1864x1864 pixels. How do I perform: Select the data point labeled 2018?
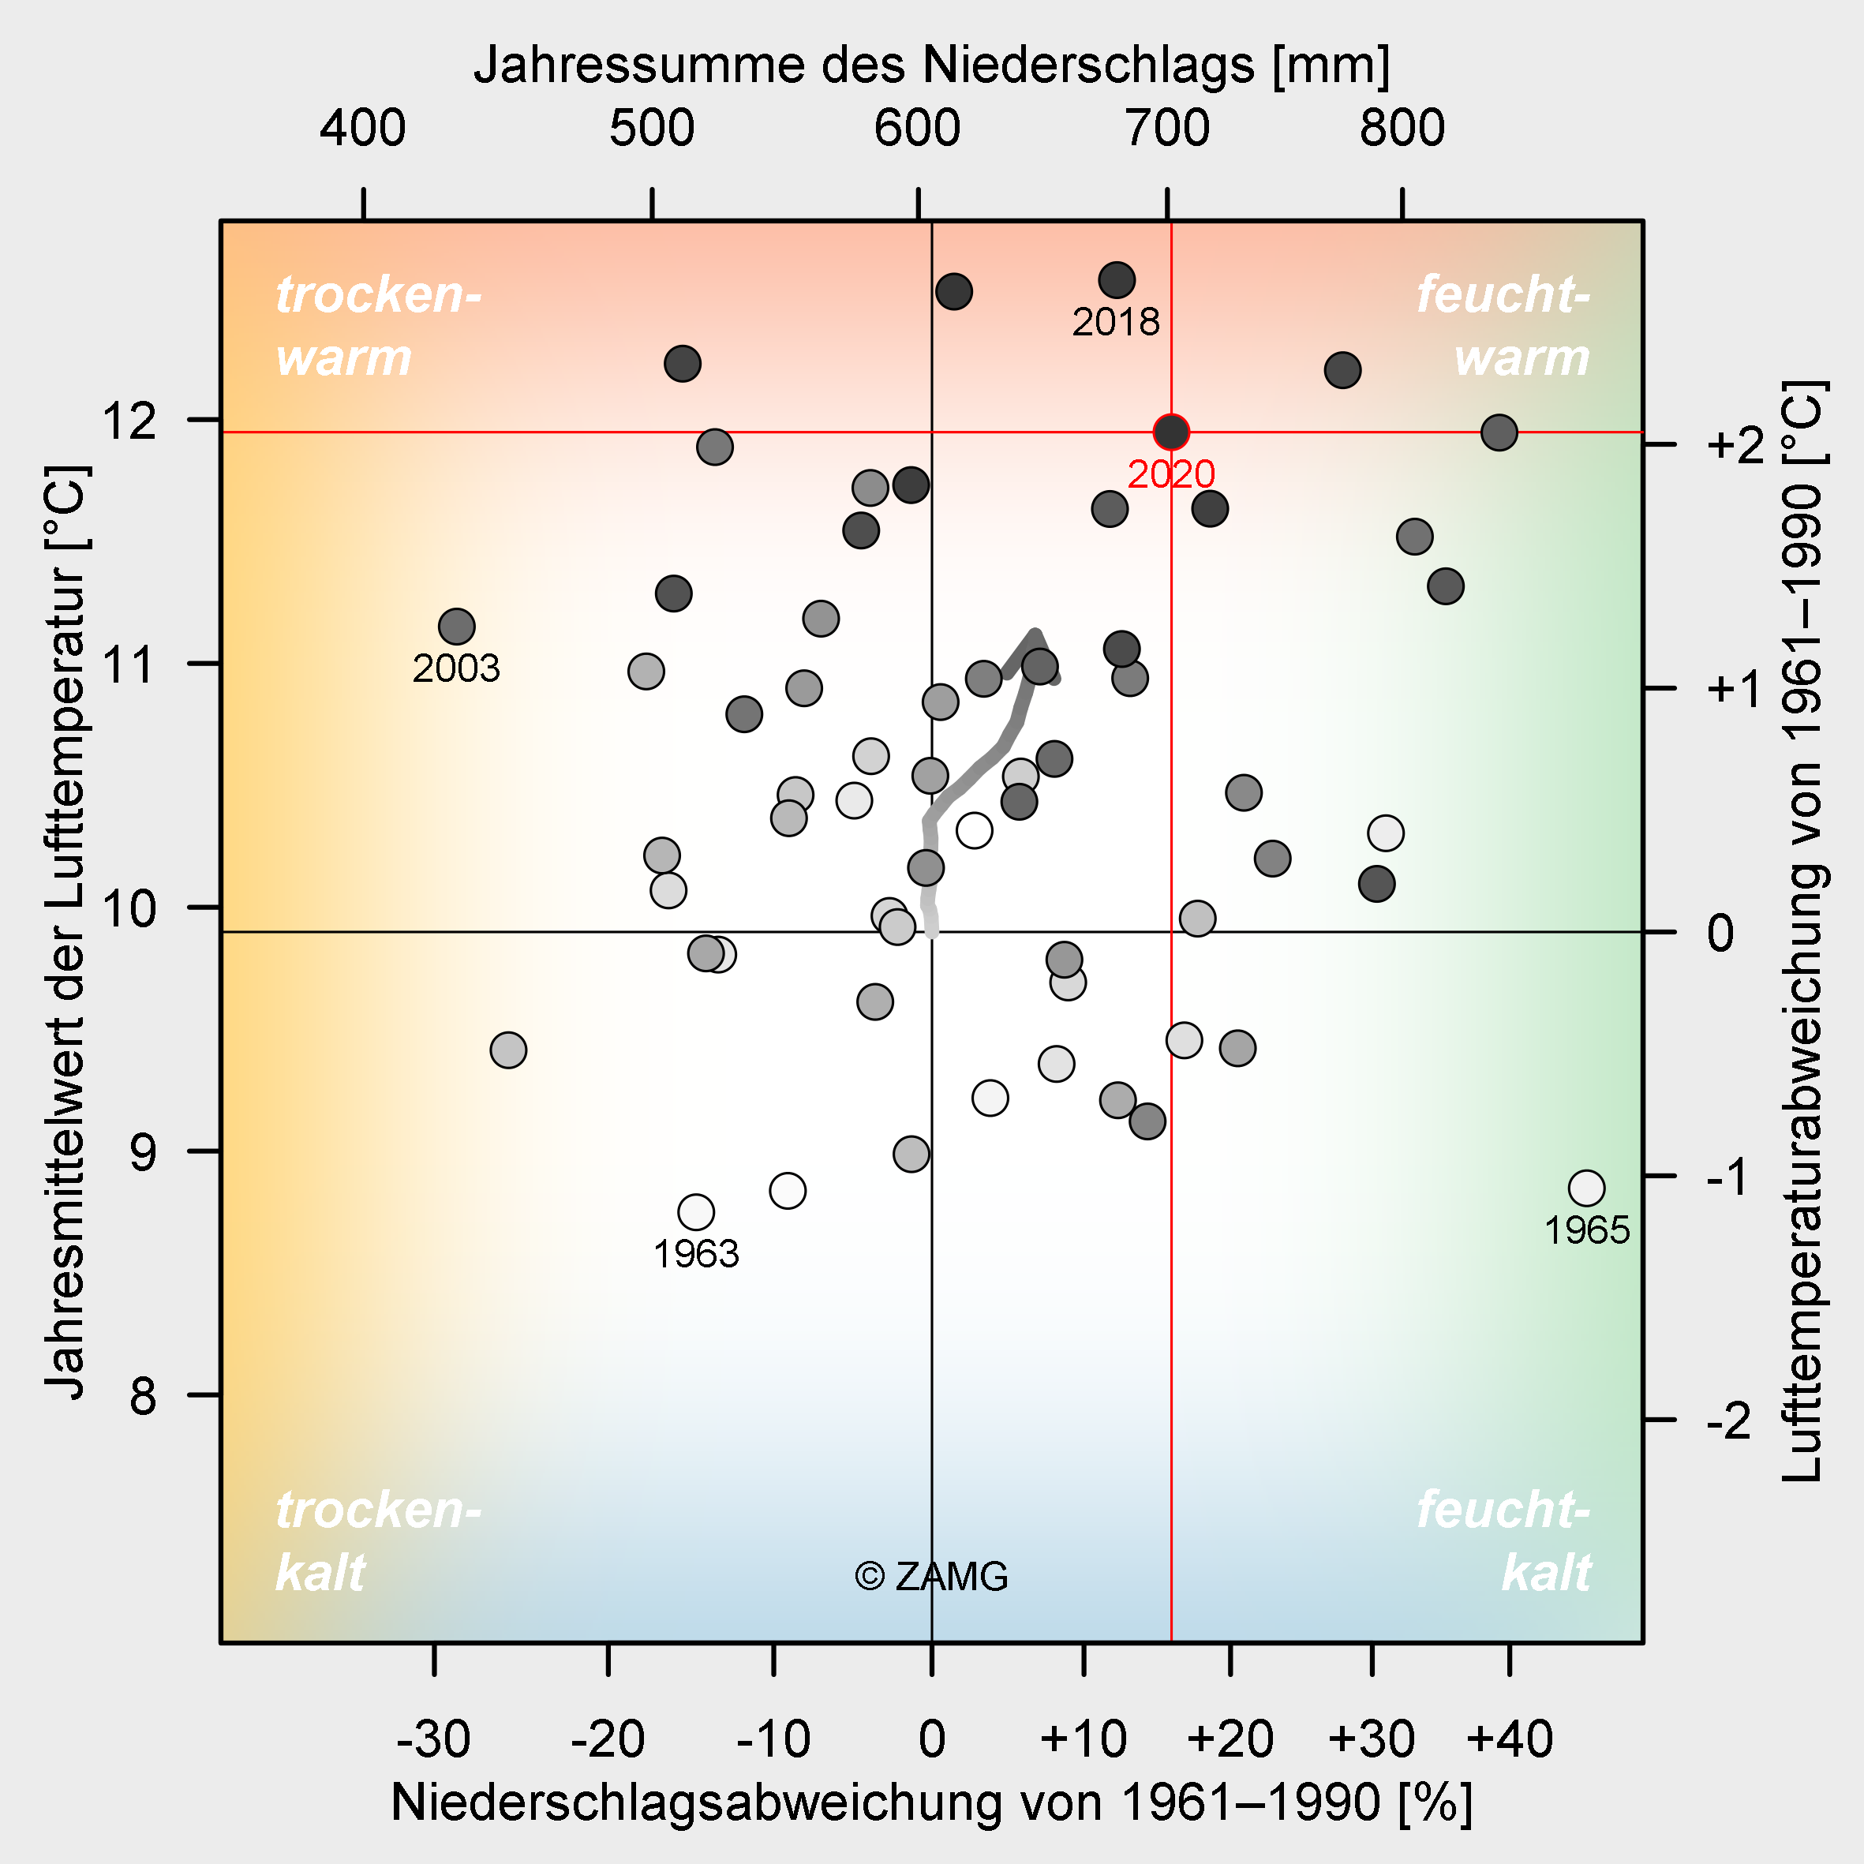click(x=1117, y=280)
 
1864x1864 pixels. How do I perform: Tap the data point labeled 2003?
click(x=456, y=626)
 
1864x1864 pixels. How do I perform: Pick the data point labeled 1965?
click(x=1586, y=1188)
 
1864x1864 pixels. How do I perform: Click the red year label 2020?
click(x=1170, y=473)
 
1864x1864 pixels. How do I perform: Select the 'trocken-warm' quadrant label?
click(x=377, y=326)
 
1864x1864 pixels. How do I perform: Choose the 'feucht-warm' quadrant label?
click(x=1503, y=326)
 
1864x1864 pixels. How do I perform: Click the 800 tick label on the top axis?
click(x=1402, y=129)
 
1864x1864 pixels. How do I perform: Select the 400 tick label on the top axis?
click(x=363, y=129)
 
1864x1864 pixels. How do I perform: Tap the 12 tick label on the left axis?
click(x=131, y=421)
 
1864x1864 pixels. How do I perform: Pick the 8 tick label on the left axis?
click(x=143, y=1395)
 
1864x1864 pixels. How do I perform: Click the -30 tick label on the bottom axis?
click(x=433, y=1738)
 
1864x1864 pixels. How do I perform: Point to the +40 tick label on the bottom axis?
click(x=1509, y=1738)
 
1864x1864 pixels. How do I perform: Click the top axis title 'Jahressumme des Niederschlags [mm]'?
click(x=931, y=65)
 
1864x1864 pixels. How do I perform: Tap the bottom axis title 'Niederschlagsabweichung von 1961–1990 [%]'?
click(x=931, y=1802)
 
